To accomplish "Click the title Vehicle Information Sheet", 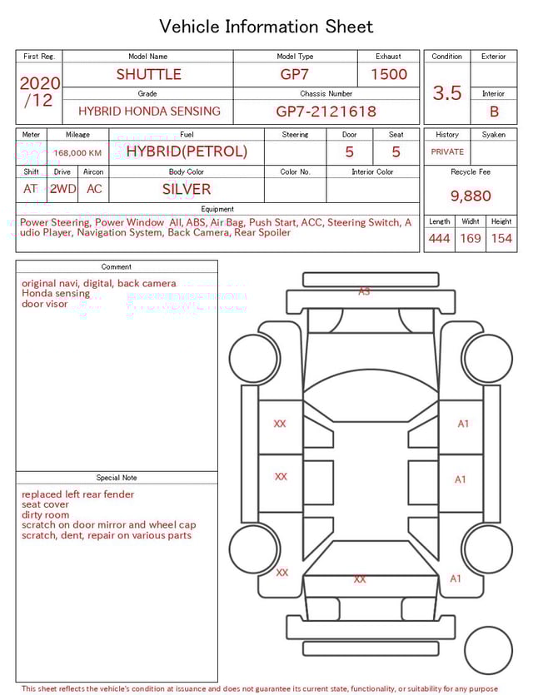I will point(266,27).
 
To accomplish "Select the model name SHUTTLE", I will point(148,74).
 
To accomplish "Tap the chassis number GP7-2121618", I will point(326,111).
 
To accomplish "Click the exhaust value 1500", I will point(389,74).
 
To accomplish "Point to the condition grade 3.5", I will point(447,93).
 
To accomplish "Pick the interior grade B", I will point(494,111).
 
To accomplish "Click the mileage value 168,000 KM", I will point(77,153).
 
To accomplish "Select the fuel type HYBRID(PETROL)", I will point(187,151).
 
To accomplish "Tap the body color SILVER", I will point(187,189).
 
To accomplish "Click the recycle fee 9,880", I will point(471,196).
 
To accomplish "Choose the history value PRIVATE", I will point(447,152).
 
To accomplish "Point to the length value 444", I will point(439,239).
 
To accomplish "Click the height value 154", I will point(501,239).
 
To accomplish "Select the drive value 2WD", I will point(62,189).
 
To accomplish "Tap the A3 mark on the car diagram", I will point(364,291).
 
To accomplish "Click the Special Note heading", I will point(117,478).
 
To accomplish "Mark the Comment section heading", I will point(117,267).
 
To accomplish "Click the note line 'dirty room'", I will point(46,515).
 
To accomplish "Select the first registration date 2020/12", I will point(39,92).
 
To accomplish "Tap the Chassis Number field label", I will point(326,94).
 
